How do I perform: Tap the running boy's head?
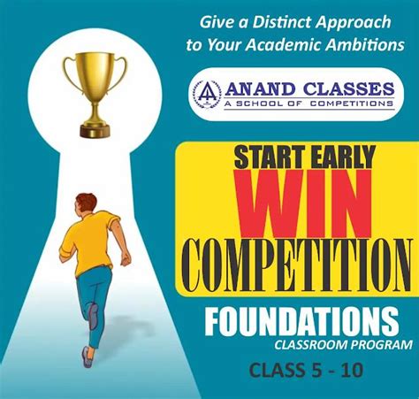pyautogui.click(x=86, y=203)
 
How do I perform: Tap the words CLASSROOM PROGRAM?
pyautogui.click(x=338, y=343)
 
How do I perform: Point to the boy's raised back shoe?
pyautogui.click(x=93, y=317)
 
